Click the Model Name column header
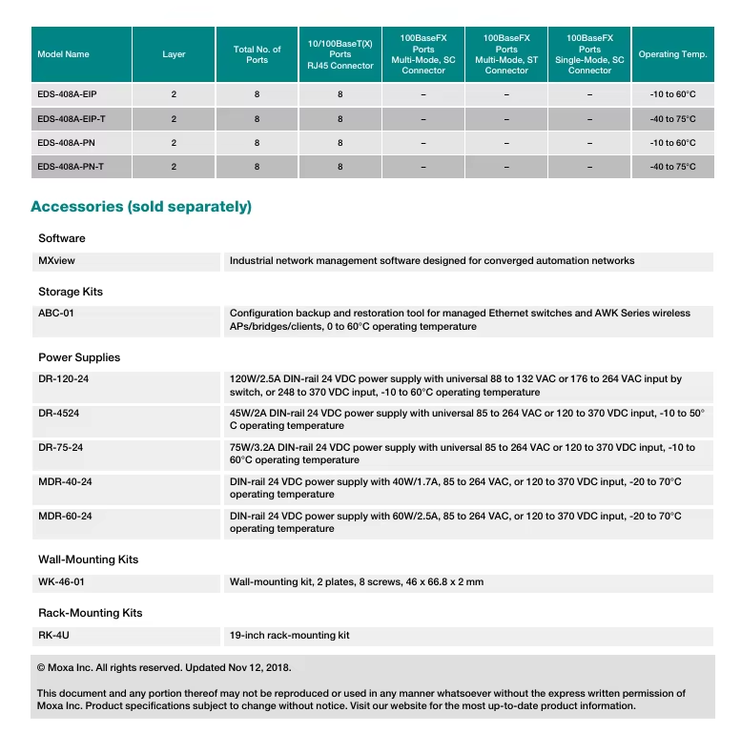click(63, 54)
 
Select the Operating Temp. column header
click(672, 54)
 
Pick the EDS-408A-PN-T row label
click(71, 167)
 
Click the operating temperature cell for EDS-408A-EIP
click(672, 95)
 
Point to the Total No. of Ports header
click(257, 54)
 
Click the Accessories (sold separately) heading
click(141, 207)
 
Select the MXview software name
click(56, 260)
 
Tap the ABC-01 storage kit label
click(55, 314)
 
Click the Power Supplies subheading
click(79, 357)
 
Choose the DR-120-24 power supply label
click(65, 379)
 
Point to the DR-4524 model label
click(60, 414)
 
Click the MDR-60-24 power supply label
click(65, 517)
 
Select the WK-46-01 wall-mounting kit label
click(61, 581)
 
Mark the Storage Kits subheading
click(71, 292)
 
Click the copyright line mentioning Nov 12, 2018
click(164, 668)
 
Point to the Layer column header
click(174, 54)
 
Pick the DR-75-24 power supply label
click(60, 448)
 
